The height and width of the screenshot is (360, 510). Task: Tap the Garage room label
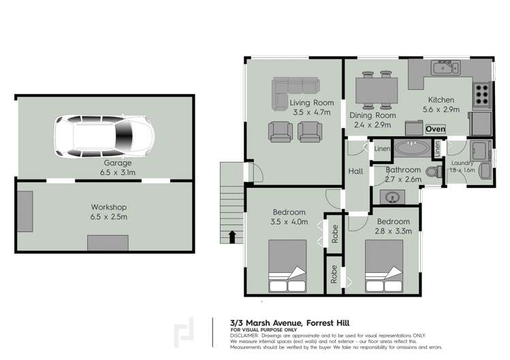[118, 163]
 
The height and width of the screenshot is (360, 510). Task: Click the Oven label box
[435, 129]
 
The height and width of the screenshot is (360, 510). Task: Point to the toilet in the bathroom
[432, 172]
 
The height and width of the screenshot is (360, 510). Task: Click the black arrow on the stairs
[233, 236]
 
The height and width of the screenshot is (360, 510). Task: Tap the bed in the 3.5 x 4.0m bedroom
[289, 266]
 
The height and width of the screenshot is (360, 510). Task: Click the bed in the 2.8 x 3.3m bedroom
[385, 268]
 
